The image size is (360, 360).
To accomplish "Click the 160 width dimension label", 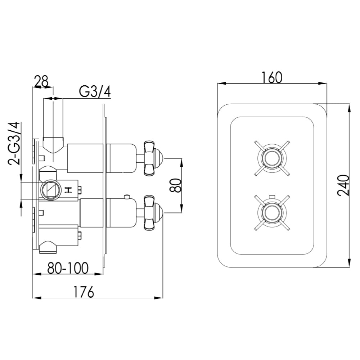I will [x=271, y=77].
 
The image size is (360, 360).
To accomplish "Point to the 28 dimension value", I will [x=41, y=82].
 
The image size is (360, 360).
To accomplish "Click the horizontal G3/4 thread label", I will [x=95, y=92].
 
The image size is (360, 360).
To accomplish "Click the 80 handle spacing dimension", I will [x=175, y=185].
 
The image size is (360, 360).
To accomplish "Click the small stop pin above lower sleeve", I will [x=127, y=197].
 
